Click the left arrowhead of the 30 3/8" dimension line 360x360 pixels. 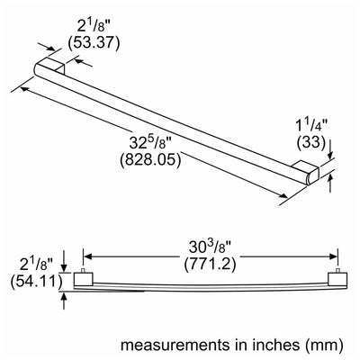pyautogui.click(x=87, y=256)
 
